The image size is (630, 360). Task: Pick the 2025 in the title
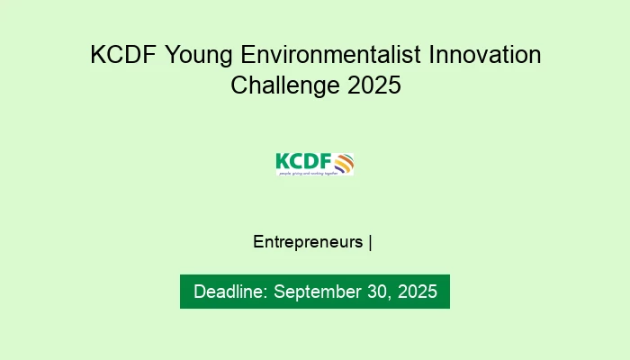click(x=372, y=86)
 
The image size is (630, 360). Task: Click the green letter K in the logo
click(x=282, y=161)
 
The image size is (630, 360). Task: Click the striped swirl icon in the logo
click(x=344, y=162)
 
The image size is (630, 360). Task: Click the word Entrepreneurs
click(x=309, y=242)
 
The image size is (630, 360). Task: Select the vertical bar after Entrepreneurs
click(x=370, y=242)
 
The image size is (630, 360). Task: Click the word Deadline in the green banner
click(x=229, y=292)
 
